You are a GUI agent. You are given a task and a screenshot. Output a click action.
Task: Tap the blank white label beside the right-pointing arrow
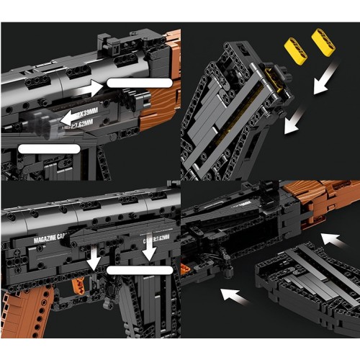[x=140, y=83]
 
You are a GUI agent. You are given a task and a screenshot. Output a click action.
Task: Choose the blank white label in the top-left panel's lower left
[x=48, y=148]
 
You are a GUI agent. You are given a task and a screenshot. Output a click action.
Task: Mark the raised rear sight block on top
[x=109, y=45]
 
